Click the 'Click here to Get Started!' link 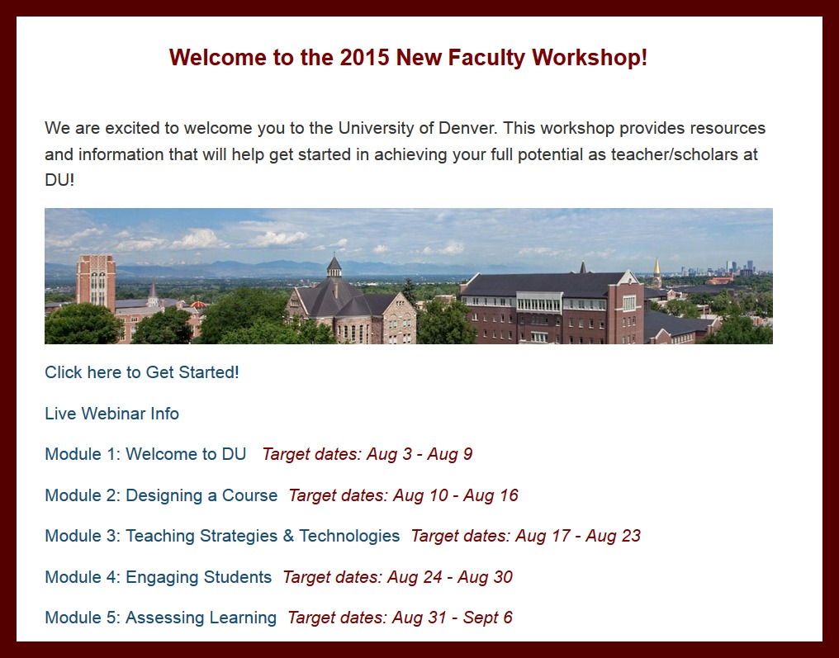click(x=142, y=372)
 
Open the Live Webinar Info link click(x=111, y=414)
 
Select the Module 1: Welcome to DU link click(x=145, y=454)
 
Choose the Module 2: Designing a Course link click(x=161, y=495)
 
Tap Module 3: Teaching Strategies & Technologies click(x=222, y=536)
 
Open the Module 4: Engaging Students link click(x=159, y=577)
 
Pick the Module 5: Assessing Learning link click(x=160, y=618)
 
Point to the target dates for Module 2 click(x=404, y=495)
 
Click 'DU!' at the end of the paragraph click(x=59, y=180)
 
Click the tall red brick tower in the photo click(x=96, y=282)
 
